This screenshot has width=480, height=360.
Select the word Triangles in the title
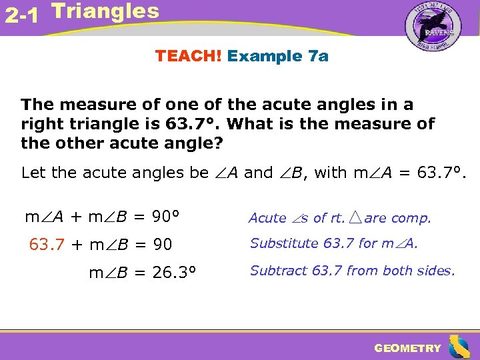tap(105, 11)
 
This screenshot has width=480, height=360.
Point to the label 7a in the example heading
tap(316, 56)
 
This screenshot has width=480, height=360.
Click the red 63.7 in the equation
tap(47, 245)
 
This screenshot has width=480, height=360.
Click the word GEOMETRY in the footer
tap(407, 348)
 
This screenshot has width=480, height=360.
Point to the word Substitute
tap(285, 243)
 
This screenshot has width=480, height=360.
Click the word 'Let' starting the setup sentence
tap(33, 173)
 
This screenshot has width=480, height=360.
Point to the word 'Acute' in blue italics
tap(267, 218)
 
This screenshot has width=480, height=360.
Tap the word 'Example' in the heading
tap(265, 56)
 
